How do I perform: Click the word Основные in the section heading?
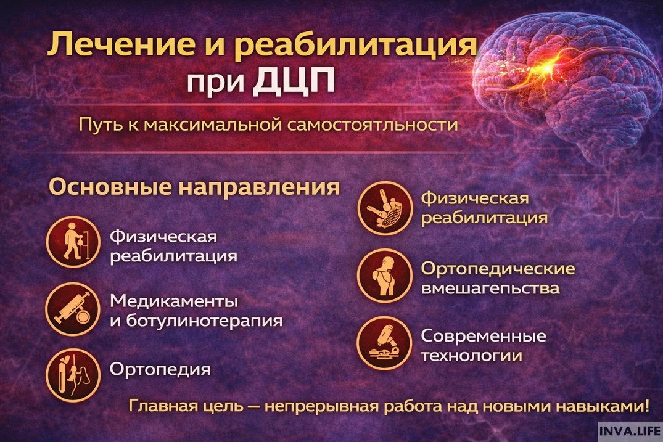[x=109, y=187]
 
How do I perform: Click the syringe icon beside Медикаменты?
[x=73, y=309]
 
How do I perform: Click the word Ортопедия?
[x=160, y=369]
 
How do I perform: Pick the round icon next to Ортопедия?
[x=73, y=375]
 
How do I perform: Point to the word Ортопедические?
[x=498, y=269]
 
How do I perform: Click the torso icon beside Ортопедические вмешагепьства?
[x=384, y=275]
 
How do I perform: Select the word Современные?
[x=483, y=337]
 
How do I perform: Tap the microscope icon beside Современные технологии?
[x=384, y=343]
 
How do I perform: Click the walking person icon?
[x=73, y=241]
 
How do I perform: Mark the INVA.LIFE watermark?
[x=630, y=429]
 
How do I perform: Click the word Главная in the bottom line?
[x=157, y=406]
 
